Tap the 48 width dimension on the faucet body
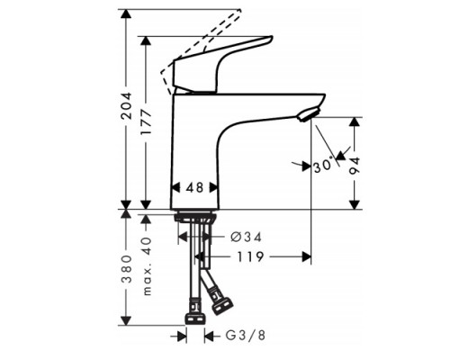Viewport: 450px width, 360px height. click(x=195, y=187)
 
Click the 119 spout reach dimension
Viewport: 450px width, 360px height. click(x=250, y=257)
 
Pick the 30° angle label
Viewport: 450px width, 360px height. click(x=322, y=166)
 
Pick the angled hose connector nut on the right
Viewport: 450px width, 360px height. click(x=219, y=295)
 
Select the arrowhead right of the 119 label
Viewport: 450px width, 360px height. click(x=304, y=257)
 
